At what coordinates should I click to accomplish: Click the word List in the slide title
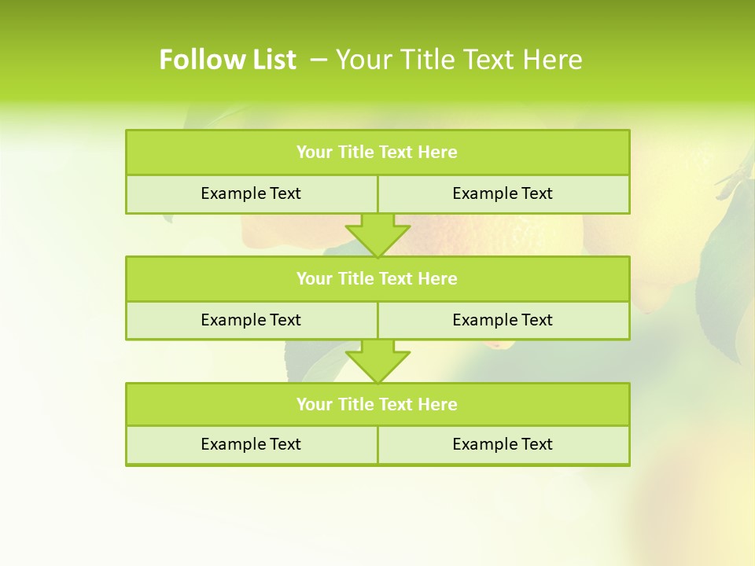tap(271, 60)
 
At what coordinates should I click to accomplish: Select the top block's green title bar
tap(377, 153)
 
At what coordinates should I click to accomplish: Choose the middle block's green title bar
tap(377, 278)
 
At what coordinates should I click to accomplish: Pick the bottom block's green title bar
tap(377, 404)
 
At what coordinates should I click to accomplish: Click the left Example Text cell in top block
tap(252, 193)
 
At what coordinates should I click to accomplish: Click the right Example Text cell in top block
tap(503, 193)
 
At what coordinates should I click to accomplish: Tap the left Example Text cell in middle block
tap(252, 320)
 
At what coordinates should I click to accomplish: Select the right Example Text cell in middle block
tap(503, 320)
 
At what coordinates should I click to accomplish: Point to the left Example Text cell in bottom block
tap(252, 444)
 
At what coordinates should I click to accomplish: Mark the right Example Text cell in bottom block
tap(503, 444)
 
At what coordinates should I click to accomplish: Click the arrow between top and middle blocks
tap(377, 235)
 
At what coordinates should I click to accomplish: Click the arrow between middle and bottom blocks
tap(377, 361)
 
